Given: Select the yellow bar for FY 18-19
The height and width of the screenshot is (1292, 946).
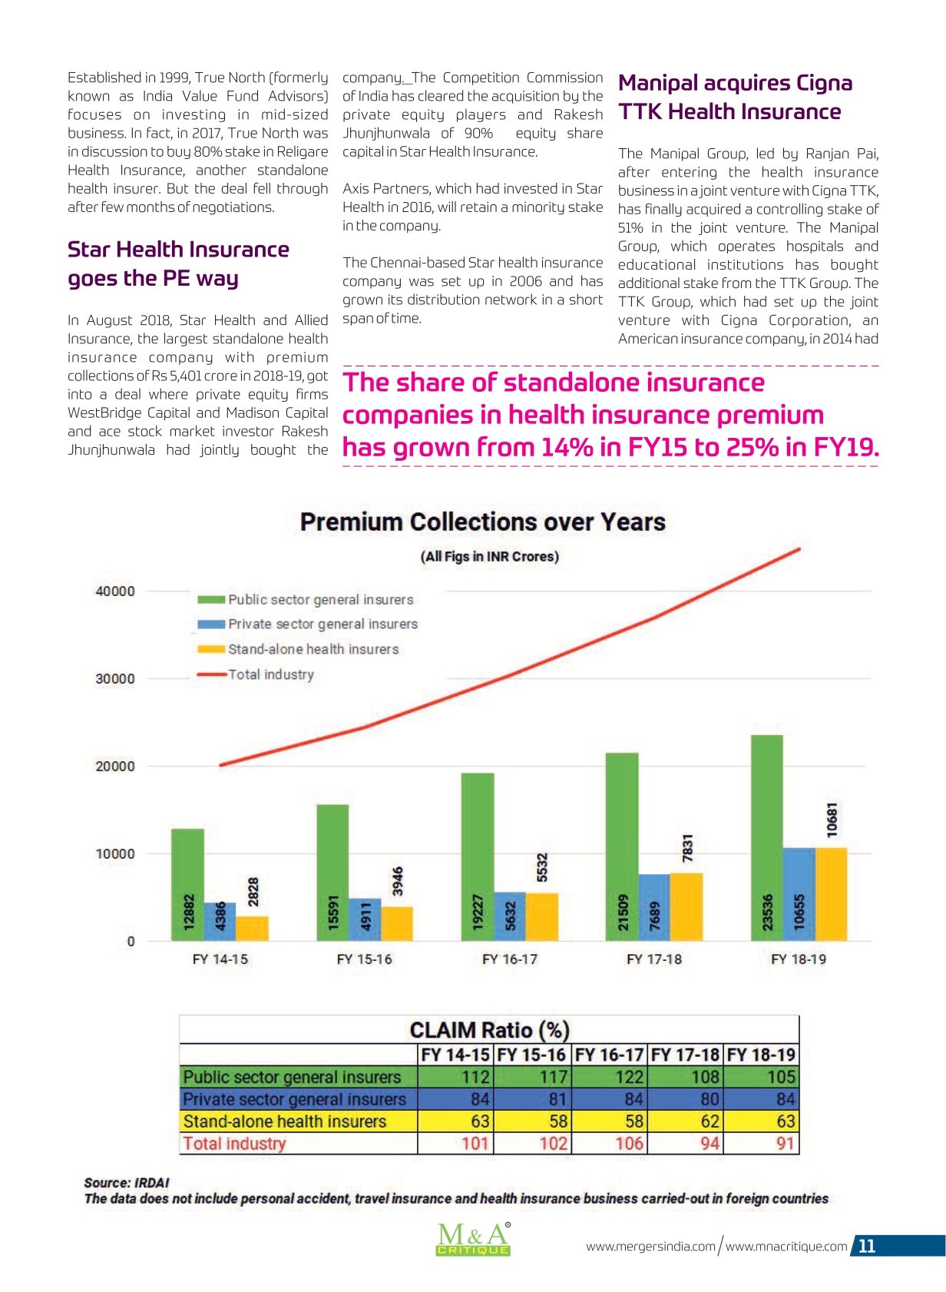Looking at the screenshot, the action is [x=831, y=894].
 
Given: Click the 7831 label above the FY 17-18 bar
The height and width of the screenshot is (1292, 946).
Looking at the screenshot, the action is [x=687, y=848].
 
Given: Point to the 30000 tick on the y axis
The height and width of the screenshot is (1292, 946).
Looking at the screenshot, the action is [x=114, y=678].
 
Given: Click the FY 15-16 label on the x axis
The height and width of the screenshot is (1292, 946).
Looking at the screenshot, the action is [x=364, y=959].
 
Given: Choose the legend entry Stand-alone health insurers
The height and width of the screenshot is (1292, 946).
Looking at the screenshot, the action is [x=298, y=649].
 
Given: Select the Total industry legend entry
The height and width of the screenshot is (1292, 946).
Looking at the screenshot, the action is [x=256, y=674].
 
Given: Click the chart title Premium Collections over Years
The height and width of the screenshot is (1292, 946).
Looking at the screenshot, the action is [x=482, y=522].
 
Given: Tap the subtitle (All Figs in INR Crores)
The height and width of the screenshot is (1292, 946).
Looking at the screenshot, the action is [x=489, y=557].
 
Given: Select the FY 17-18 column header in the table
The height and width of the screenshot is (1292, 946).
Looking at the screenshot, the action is [x=685, y=1055].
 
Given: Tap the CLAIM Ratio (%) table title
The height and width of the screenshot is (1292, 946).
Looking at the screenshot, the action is [x=489, y=1029].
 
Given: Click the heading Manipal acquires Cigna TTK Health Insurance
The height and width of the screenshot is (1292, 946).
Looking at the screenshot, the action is [x=735, y=97].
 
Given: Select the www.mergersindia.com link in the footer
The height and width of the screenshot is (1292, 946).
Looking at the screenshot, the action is [x=650, y=1247].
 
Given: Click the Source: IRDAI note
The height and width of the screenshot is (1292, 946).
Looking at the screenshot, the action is [x=127, y=1183].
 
